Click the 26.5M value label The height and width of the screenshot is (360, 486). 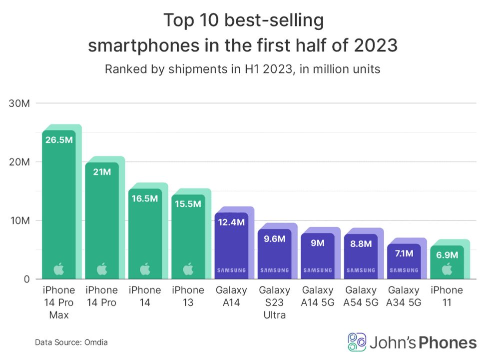[x=59, y=139]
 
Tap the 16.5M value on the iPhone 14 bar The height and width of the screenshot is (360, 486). [x=145, y=198]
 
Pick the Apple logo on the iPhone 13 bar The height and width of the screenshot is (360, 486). [x=188, y=269]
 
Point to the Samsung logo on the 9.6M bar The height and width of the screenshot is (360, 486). [x=274, y=270]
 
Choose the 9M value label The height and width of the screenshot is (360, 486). [x=317, y=243]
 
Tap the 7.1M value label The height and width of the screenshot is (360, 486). [x=404, y=253]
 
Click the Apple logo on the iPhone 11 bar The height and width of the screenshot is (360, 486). [x=447, y=269]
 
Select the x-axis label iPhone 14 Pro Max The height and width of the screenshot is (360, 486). [x=59, y=303]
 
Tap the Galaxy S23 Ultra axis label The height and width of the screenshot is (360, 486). [x=274, y=303]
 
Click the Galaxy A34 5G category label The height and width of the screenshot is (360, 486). [x=404, y=296]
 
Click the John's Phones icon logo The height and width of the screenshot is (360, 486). [x=357, y=342]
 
